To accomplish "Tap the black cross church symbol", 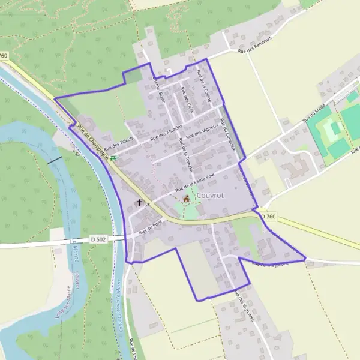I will [x=140, y=203].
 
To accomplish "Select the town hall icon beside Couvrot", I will [x=186, y=199].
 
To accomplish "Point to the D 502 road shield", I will [x=98, y=239].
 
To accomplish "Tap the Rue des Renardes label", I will [x=254, y=45].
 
